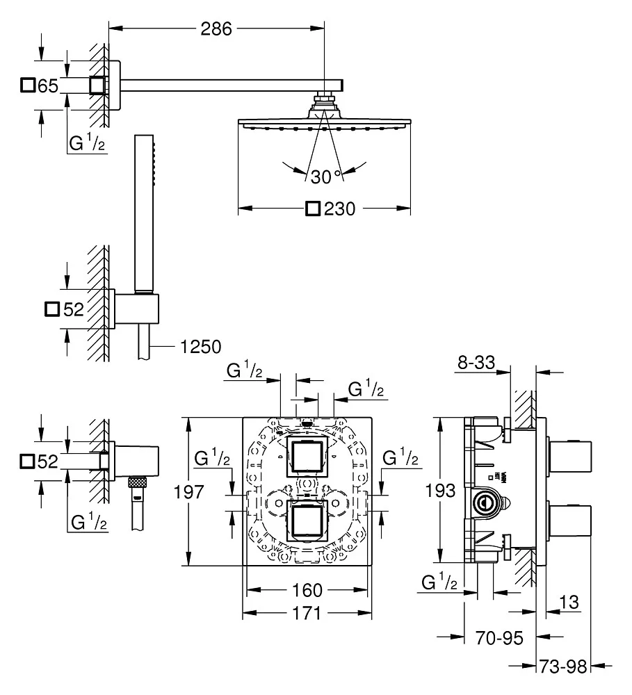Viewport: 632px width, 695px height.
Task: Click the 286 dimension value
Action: click(216, 28)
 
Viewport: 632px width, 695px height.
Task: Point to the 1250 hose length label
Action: click(201, 345)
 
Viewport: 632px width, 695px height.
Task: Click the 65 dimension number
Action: click(47, 85)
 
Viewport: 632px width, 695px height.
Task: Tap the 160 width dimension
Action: click(307, 590)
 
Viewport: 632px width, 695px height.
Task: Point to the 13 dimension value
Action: click(569, 602)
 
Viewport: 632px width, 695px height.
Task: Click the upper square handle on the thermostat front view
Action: click(307, 457)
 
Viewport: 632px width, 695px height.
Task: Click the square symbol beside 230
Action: click(314, 208)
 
